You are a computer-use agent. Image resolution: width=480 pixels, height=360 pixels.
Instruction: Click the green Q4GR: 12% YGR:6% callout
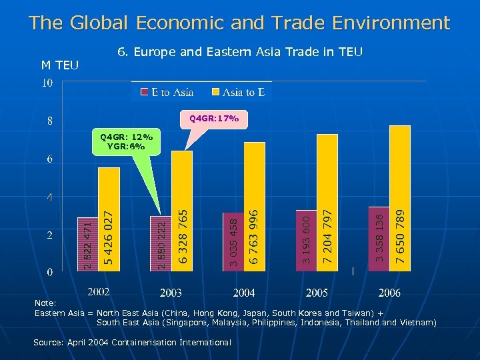click(127, 142)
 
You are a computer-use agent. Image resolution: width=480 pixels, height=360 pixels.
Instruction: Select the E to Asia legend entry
click(167, 92)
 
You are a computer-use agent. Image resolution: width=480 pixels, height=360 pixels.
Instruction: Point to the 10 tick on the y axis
click(47, 83)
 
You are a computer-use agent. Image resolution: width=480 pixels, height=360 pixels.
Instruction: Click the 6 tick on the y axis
click(50, 159)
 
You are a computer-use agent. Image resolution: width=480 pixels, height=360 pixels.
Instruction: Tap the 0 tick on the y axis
click(50, 273)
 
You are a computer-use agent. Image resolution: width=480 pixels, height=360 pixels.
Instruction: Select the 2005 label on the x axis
click(317, 293)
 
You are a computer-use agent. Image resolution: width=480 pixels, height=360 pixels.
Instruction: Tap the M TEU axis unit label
click(60, 65)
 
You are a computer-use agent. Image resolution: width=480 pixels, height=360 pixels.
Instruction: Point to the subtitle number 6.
click(121, 51)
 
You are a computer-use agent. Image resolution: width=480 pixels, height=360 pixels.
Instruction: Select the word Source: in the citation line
click(51, 342)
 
